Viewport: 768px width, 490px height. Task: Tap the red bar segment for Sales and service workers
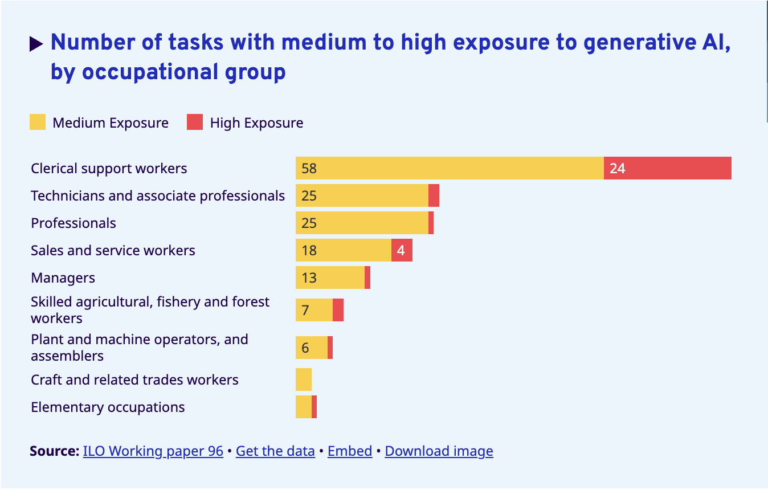402,250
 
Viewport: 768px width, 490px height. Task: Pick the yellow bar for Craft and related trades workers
304,379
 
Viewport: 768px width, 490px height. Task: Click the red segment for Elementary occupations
314,407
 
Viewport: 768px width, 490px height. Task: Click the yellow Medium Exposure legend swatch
38,122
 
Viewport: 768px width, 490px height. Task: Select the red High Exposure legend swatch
195,122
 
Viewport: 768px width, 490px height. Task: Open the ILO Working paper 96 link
153,451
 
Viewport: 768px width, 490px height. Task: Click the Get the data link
275,451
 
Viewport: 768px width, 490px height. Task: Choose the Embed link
350,451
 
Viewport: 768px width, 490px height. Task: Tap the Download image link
439,451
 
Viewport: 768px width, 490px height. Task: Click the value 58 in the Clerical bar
309,169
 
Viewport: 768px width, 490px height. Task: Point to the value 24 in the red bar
617,169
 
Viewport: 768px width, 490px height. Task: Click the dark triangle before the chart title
36,43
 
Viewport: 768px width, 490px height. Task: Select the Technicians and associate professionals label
158,196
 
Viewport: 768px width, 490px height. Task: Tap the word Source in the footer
54,451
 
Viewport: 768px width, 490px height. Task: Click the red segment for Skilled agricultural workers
338,310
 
